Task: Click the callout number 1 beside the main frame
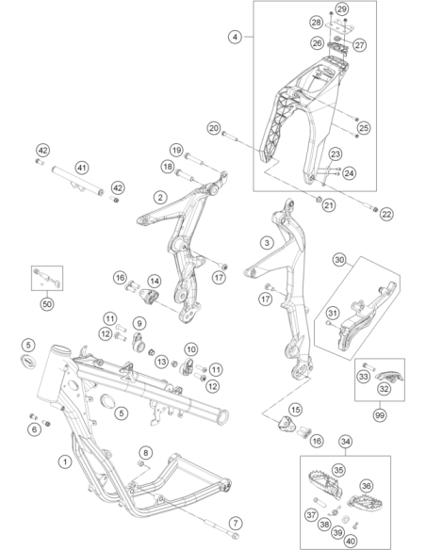click(x=65, y=461)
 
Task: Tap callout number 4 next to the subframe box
click(x=235, y=37)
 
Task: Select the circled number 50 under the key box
click(x=47, y=304)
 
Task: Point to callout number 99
click(x=379, y=415)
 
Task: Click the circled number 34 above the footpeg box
click(x=345, y=442)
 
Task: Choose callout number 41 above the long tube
click(x=82, y=168)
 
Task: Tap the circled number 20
click(x=214, y=128)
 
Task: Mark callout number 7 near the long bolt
click(x=236, y=524)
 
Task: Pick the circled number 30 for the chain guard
click(x=339, y=260)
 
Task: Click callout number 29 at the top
click(x=341, y=8)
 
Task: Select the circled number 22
click(x=386, y=214)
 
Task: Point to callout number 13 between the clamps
click(x=161, y=362)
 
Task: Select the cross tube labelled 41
click(x=78, y=181)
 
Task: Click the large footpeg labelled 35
click(x=324, y=483)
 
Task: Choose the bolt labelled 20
click(x=230, y=137)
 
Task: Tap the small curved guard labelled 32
click(x=389, y=377)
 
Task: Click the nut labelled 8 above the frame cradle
click(x=140, y=464)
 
